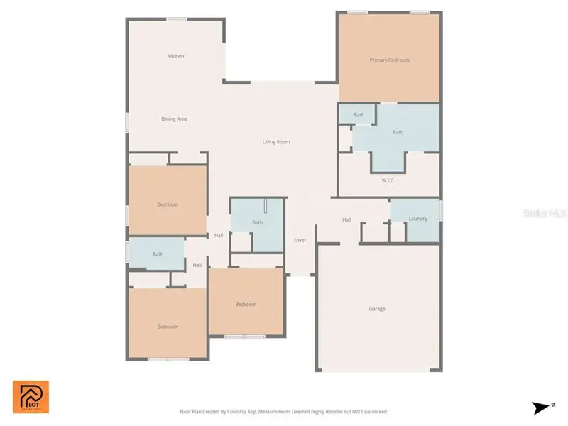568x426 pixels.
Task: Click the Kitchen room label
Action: pos(175,56)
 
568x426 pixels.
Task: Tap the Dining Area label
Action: pos(174,119)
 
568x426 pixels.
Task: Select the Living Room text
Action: pos(276,142)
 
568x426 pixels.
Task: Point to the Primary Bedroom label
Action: pos(389,60)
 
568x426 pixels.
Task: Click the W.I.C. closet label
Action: pos(388,180)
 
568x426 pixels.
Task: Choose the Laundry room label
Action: pos(417,219)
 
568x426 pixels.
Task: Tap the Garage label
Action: pos(377,309)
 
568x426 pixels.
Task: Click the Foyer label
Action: pos(300,240)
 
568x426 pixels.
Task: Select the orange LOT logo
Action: pos(31,396)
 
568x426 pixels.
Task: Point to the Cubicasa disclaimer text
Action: pos(283,412)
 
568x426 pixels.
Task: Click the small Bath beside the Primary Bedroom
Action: pos(359,115)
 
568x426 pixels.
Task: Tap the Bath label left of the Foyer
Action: pos(257,223)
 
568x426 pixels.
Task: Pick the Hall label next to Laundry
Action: pos(346,220)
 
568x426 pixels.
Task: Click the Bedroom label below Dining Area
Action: pos(168,204)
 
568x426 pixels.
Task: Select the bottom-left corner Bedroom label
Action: pos(168,327)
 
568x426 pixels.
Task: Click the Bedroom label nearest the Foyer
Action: pos(246,305)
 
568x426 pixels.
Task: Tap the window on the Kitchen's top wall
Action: pos(177,19)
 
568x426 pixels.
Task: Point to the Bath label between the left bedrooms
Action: pos(158,254)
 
